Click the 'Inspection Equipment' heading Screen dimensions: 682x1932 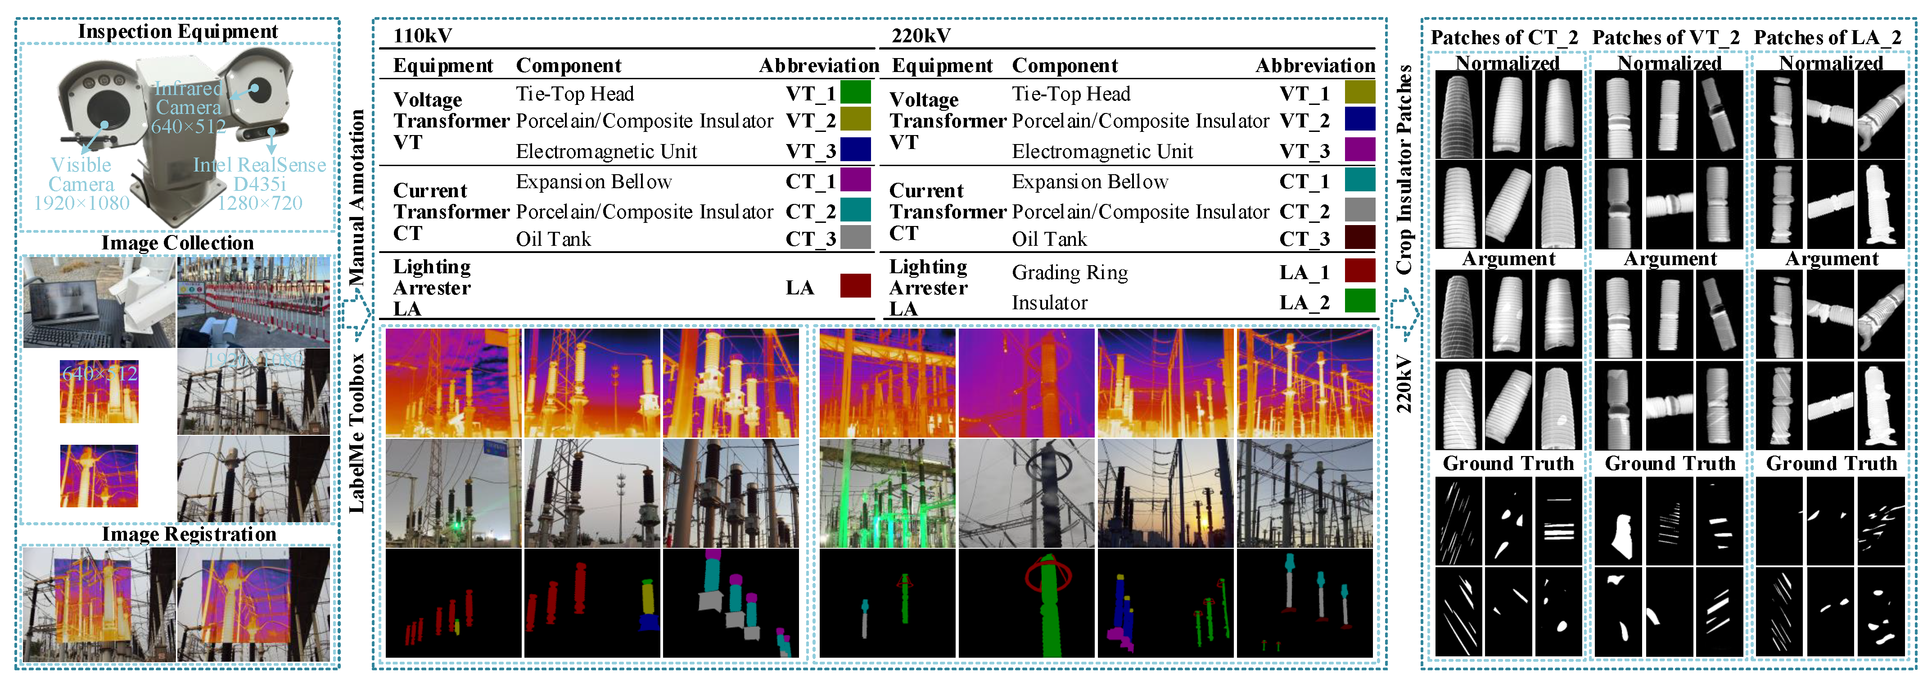[x=178, y=32]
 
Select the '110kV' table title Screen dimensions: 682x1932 [x=422, y=35]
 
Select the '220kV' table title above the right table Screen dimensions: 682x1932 [x=921, y=35]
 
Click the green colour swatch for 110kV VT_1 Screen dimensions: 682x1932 [x=855, y=92]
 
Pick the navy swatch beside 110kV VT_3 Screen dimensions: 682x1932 [x=855, y=149]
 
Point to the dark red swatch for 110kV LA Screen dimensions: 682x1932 [x=855, y=286]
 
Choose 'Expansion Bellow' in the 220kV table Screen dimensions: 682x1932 [x=1090, y=181]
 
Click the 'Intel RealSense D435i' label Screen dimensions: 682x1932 [x=259, y=184]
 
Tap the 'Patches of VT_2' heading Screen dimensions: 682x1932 [x=1666, y=37]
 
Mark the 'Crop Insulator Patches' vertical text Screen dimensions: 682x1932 [x=1404, y=169]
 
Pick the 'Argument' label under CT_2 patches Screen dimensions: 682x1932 [x=1508, y=259]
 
